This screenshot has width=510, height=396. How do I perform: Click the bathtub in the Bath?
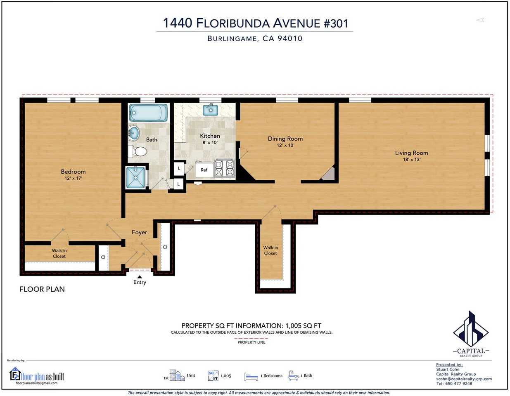[x=148, y=113]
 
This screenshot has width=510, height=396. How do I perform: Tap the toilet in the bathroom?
[x=138, y=151]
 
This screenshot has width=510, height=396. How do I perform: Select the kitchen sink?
[x=210, y=109]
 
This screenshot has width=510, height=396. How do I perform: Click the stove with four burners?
[x=224, y=168]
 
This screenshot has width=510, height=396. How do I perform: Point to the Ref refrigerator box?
[x=204, y=170]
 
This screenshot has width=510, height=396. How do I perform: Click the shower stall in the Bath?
[x=136, y=177]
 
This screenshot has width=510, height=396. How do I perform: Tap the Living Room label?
[x=411, y=153]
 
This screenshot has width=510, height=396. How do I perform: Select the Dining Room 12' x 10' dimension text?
[x=285, y=145]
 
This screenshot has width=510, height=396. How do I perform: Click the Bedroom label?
[x=73, y=171]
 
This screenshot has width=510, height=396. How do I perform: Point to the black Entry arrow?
[x=140, y=277]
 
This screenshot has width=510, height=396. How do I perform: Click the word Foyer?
[x=140, y=232]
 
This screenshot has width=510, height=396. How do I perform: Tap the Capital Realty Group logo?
[x=471, y=334]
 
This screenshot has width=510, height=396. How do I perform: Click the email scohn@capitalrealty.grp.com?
[x=464, y=379]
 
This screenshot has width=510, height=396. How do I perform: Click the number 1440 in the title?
[x=178, y=23]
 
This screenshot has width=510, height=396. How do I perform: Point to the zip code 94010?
[x=290, y=38]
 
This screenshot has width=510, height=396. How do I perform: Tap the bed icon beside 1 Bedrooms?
[x=251, y=377]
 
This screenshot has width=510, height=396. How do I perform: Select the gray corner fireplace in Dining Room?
[x=329, y=174]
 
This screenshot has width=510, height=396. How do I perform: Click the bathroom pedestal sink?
[x=134, y=133]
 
